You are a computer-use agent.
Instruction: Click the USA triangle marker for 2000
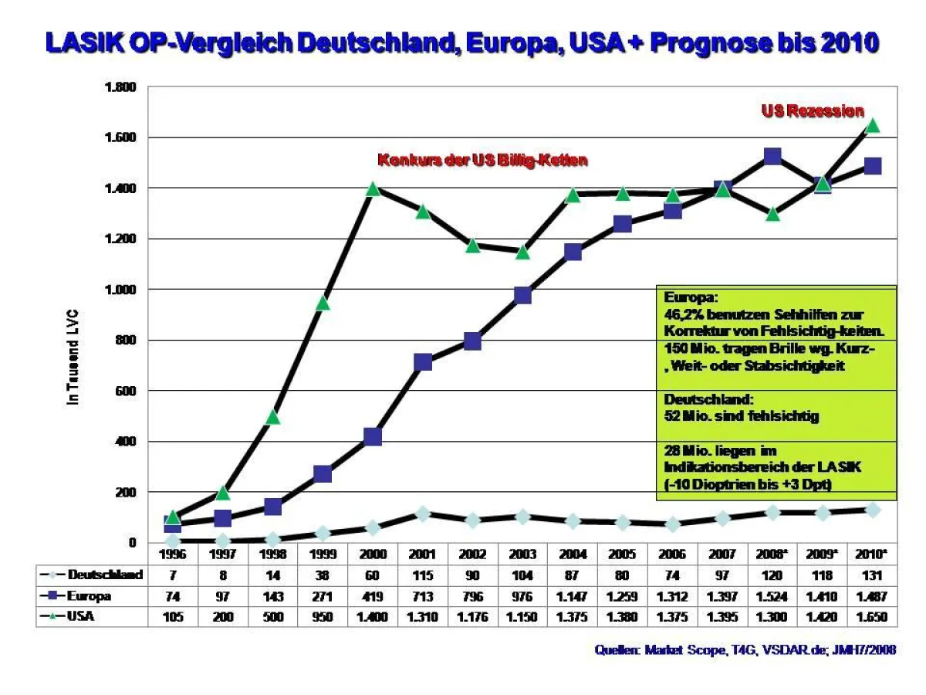point(373,188)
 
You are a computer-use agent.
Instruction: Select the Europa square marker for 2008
point(772,157)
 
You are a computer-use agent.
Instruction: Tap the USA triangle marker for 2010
point(872,125)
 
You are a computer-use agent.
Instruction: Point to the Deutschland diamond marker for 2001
point(423,514)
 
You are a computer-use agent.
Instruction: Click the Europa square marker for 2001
point(423,362)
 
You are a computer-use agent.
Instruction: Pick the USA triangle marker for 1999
point(323,303)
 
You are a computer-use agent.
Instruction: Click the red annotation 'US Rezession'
point(813,111)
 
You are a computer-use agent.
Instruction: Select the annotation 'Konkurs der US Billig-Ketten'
point(482,161)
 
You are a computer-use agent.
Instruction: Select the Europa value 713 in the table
point(423,596)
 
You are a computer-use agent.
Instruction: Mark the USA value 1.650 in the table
point(872,618)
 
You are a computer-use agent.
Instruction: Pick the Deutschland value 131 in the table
point(872,575)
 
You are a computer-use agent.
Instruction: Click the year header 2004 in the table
point(573,554)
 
